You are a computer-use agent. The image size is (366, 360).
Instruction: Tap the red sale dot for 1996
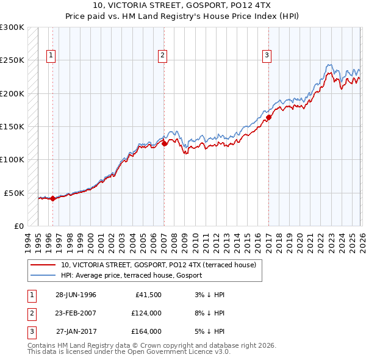pos(53,198)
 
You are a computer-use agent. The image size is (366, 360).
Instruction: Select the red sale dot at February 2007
pos(164,144)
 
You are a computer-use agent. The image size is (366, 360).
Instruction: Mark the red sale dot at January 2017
pos(269,117)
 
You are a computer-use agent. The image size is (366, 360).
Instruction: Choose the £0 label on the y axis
pos(18,226)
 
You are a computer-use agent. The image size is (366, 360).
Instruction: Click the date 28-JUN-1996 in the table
pos(76,295)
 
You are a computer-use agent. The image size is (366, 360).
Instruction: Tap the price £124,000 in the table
pos(146,313)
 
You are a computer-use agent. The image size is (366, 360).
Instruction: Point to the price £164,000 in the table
pos(146,331)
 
